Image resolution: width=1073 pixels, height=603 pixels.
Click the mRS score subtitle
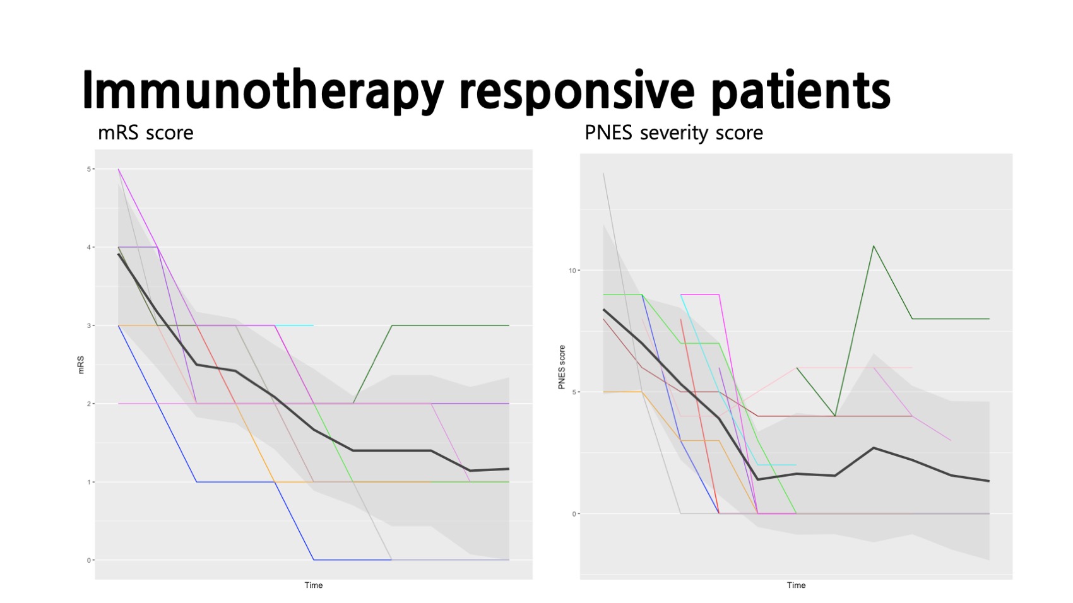145,133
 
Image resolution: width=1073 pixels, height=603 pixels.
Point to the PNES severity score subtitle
673,133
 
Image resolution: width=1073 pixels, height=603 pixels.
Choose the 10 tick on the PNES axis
572,271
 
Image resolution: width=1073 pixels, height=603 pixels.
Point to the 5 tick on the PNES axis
574,392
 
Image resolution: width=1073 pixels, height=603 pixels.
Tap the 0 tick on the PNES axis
574,514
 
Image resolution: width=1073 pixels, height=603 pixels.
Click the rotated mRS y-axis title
81,365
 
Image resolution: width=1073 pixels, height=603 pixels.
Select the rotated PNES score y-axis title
562,367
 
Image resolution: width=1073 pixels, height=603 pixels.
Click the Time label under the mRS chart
314,585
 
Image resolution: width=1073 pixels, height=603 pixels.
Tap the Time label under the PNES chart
796,585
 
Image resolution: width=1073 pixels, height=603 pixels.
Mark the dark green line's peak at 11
874,246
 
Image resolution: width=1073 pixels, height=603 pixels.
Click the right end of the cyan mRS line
313,325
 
